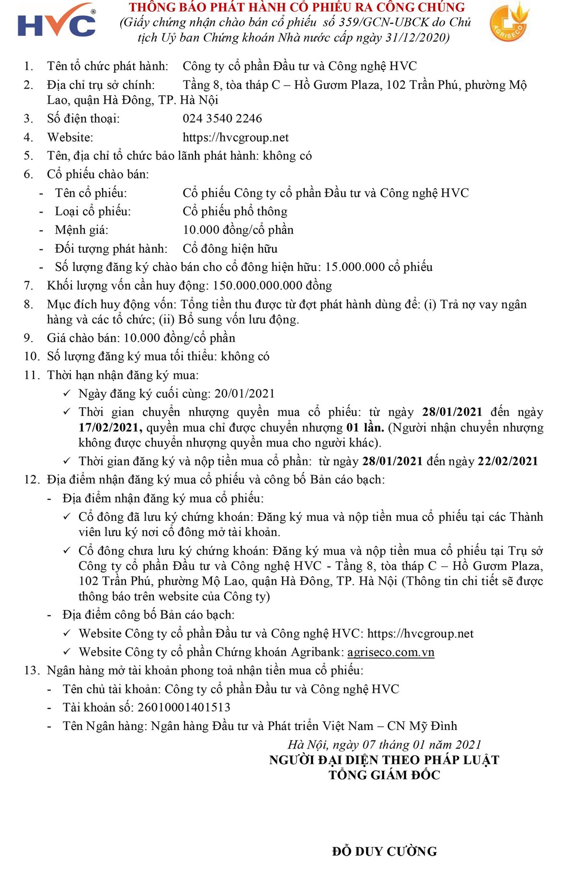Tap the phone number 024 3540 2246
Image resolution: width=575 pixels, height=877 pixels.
222,118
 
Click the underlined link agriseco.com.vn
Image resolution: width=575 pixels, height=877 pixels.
391,652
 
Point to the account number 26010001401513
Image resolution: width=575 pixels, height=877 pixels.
184,707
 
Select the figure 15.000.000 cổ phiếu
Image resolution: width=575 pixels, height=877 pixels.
379,267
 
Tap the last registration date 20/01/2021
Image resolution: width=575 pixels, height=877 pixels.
244,394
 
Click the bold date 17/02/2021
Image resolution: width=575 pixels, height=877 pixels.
110,427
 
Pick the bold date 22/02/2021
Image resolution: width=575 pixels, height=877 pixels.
508,461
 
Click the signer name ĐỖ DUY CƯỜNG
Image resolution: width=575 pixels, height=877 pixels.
384,852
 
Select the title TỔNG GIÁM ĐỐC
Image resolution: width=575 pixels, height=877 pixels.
384,775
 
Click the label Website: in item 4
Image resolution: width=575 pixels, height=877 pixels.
70,137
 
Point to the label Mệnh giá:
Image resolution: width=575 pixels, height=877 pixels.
81,230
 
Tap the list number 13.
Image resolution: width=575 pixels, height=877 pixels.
32,670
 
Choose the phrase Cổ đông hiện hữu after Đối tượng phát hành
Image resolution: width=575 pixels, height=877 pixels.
230,248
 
